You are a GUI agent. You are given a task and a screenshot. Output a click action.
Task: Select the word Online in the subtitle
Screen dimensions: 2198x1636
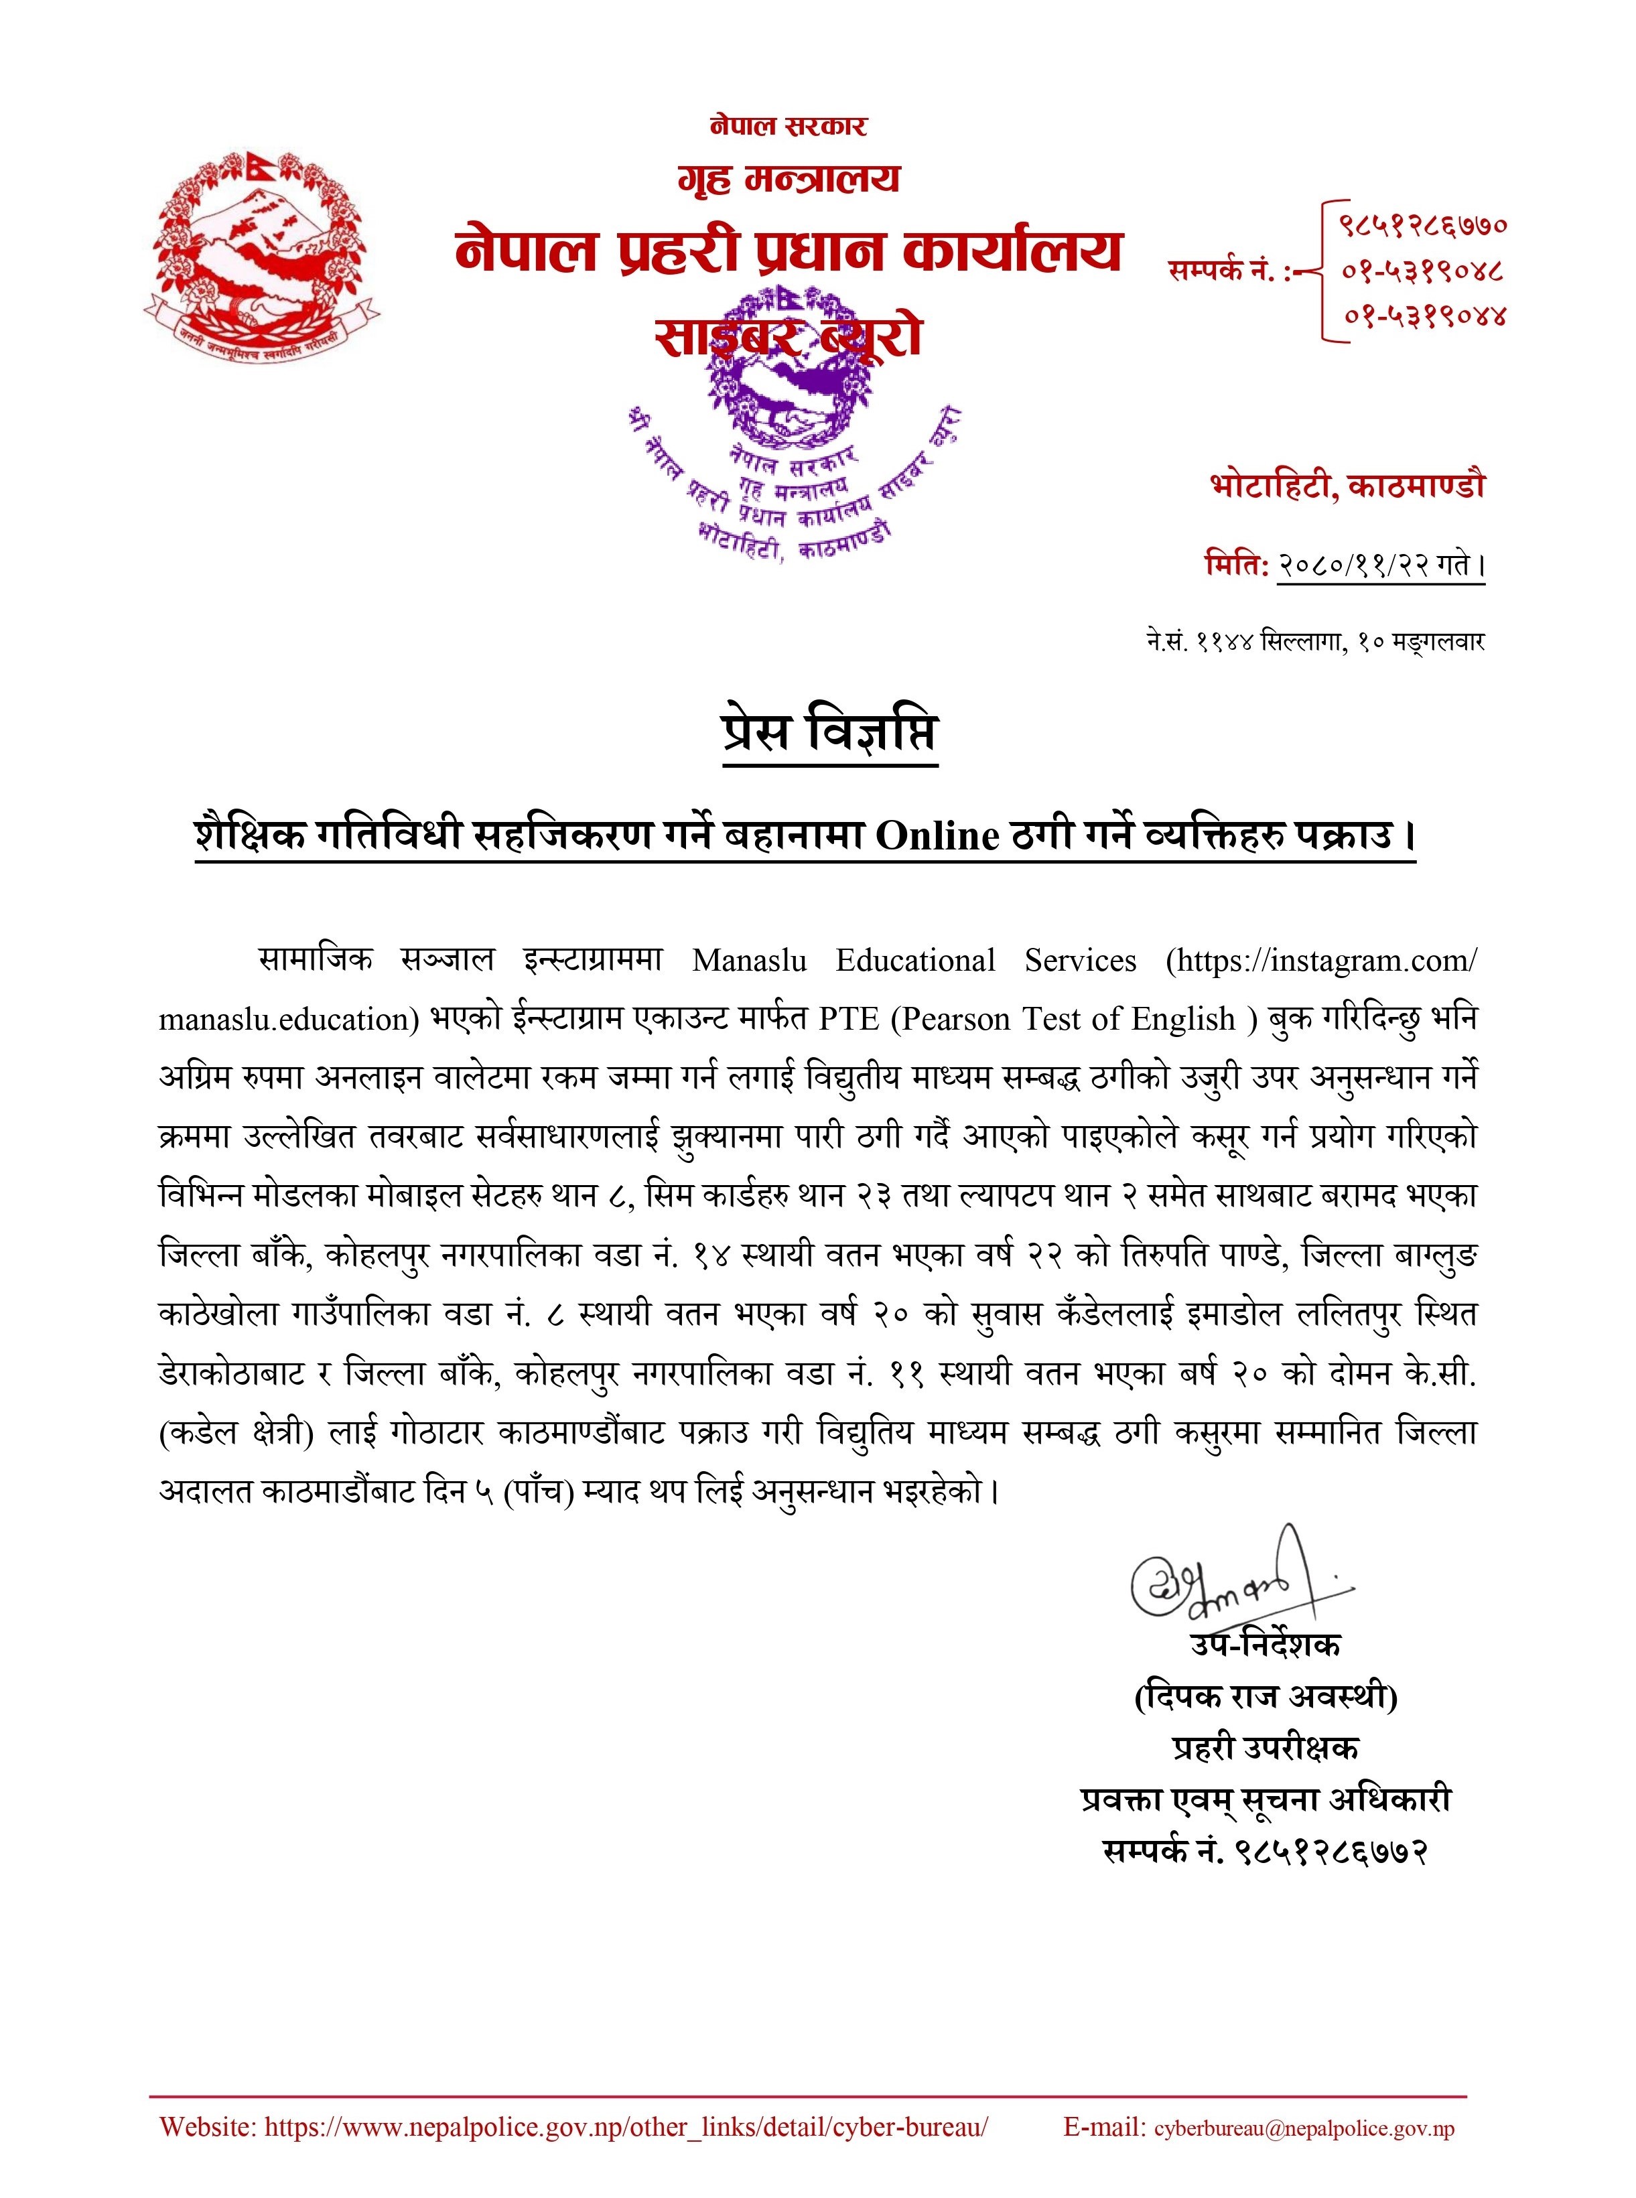937,837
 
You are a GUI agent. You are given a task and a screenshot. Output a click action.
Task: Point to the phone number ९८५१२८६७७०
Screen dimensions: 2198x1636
1423,224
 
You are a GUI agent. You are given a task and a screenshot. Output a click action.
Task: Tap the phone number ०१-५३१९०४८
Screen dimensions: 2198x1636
1423,269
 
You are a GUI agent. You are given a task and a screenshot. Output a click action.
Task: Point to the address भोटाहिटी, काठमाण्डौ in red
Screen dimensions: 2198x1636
1347,486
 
